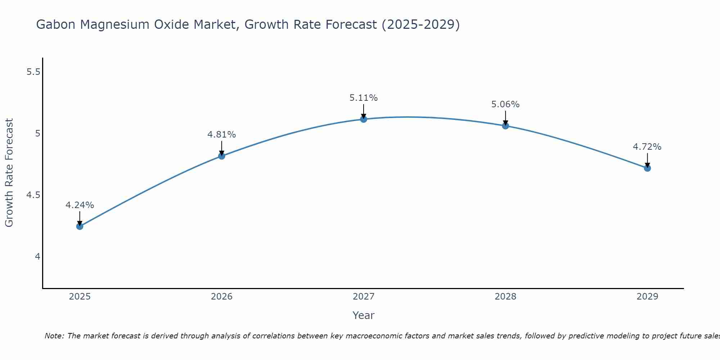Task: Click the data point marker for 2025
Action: (80, 226)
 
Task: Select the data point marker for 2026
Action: (222, 156)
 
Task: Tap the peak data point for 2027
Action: (364, 119)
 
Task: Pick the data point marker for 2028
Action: (505, 126)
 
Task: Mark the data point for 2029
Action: (647, 168)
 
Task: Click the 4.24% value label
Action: (80, 205)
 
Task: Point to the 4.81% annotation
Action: (222, 135)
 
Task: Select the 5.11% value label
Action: (364, 98)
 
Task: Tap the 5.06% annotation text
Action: (505, 104)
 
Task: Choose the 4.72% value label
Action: (647, 147)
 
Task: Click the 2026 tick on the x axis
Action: (222, 297)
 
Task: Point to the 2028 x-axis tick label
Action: (505, 297)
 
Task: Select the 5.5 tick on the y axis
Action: (33, 72)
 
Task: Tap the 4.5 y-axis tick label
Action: (33, 195)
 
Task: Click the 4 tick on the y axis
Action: (37, 257)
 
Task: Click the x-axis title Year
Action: (364, 315)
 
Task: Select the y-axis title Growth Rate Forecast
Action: (9, 173)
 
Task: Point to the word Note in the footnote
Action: (54, 336)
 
